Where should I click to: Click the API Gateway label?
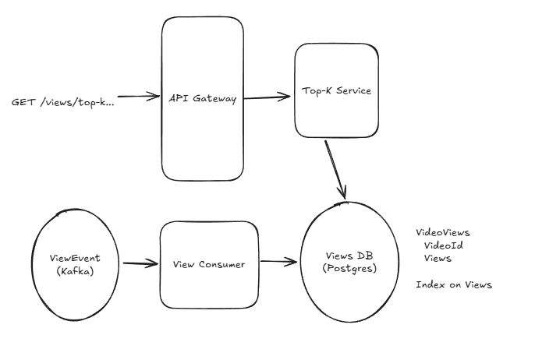click(203, 98)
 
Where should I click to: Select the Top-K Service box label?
click(336, 90)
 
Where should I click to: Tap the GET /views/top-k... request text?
click(62, 102)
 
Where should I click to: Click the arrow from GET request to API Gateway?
click(139, 97)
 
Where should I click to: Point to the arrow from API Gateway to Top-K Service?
click(267, 97)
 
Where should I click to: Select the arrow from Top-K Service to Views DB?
click(335, 170)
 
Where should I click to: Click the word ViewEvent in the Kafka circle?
click(75, 258)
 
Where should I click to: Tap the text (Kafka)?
click(75, 271)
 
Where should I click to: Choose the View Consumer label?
click(209, 265)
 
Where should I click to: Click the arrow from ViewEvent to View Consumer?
click(140, 263)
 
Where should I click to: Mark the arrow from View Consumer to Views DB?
click(278, 262)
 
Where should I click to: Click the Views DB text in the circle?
click(349, 256)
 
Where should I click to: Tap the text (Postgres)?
click(349, 268)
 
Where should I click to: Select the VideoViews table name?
click(443, 233)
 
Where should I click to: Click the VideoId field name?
click(444, 245)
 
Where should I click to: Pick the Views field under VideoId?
click(438, 259)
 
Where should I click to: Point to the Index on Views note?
click(454, 284)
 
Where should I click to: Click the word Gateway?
click(214, 99)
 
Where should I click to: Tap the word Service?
click(353, 90)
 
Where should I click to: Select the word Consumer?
click(221, 265)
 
